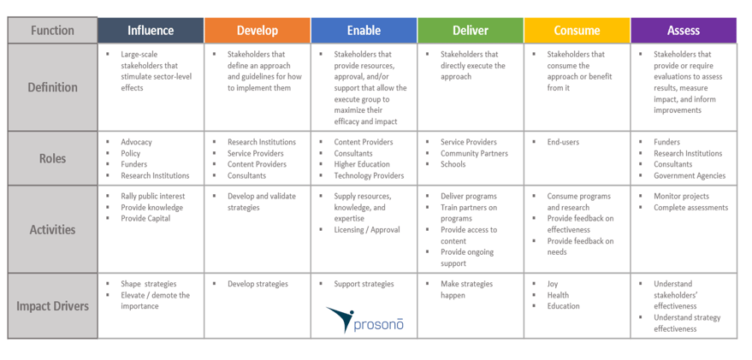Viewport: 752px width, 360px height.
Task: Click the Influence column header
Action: tap(151, 31)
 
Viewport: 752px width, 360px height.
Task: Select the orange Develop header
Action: tap(258, 31)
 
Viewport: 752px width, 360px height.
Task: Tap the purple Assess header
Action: tap(684, 31)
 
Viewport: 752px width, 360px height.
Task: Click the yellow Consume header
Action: tap(577, 31)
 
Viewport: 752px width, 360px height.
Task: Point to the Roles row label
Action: tap(52, 159)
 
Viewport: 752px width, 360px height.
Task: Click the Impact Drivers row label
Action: tap(52, 306)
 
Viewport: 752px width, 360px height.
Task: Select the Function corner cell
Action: tap(52, 31)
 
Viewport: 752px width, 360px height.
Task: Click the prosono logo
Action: tap(365, 320)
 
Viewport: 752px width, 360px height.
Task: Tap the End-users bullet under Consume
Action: tap(563, 142)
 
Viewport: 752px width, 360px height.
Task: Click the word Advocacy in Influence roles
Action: tap(136, 142)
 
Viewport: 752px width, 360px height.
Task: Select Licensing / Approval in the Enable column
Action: tap(367, 230)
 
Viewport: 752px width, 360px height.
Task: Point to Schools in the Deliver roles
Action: tap(453, 164)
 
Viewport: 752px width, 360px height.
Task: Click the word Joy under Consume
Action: tap(553, 284)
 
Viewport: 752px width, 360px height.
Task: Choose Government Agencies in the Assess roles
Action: tap(690, 176)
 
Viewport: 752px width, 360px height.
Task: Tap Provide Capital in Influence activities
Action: tap(145, 219)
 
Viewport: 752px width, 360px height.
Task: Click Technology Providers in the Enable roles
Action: tap(370, 176)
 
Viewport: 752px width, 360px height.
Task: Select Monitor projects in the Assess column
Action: tap(681, 197)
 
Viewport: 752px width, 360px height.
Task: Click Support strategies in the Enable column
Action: tap(364, 284)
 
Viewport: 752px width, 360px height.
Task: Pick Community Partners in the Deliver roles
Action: tap(474, 153)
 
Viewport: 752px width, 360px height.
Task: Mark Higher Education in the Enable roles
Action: tap(362, 164)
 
